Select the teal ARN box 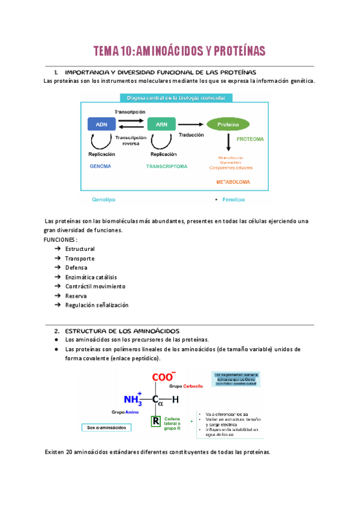pos(161,124)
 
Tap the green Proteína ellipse pos(228,124)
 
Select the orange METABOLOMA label pos(233,181)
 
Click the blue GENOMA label pos(100,166)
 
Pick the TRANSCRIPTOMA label pos(167,166)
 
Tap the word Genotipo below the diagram pos(103,197)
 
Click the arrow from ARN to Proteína pos(190,124)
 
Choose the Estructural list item pos(80,248)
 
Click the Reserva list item pos(76,295)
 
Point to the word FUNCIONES pos(60,239)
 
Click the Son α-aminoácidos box pos(106,428)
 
